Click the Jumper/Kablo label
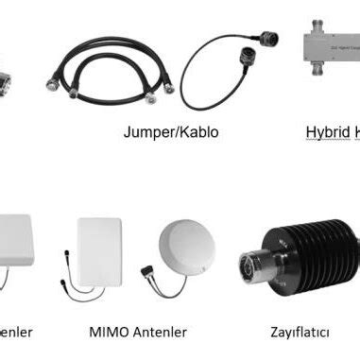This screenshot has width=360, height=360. [170, 132]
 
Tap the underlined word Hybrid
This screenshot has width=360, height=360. [326, 132]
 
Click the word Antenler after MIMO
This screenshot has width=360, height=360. [159, 332]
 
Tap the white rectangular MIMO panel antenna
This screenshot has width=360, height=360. [100, 250]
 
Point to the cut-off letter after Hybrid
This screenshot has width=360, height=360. [356, 132]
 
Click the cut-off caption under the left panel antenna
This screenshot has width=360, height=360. [16, 332]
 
